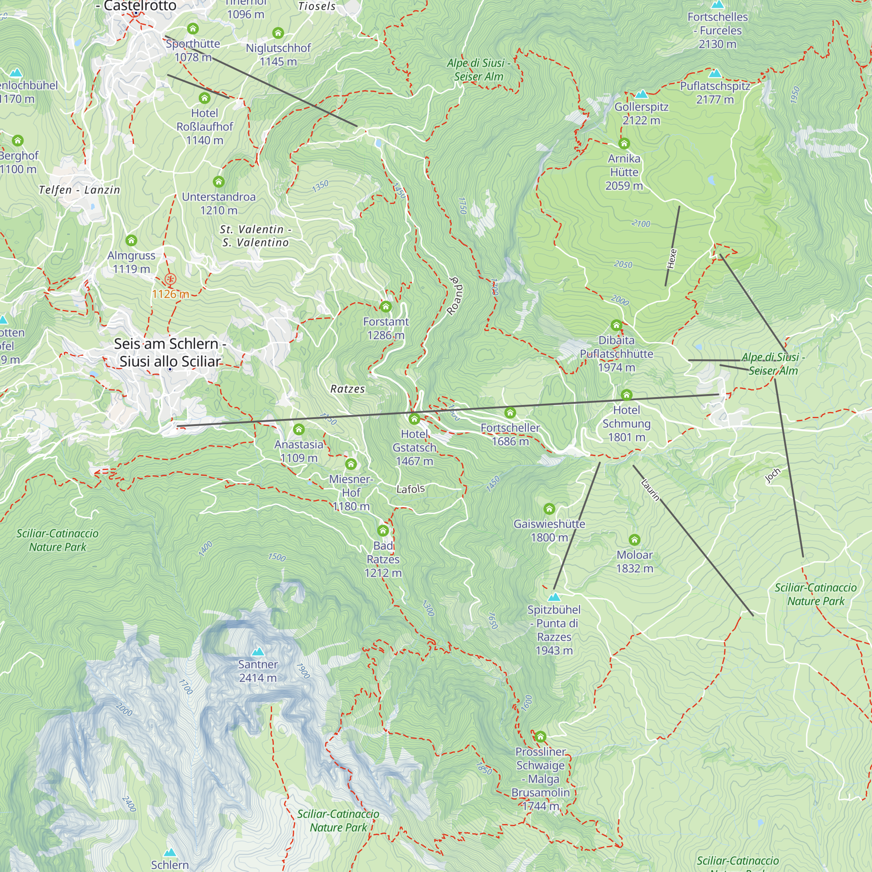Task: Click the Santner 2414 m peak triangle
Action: pyautogui.click(x=258, y=651)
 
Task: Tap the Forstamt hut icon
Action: pyautogui.click(x=385, y=307)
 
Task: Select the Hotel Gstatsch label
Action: pyautogui.click(x=414, y=447)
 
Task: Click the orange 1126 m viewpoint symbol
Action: pyautogui.click(x=170, y=279)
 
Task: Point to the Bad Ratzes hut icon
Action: pyautogui.click(x=383, y=530)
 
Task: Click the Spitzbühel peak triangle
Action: pyautogui.click(x=554, y=597)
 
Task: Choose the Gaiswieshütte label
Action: pyautogui.click(x=549, y=530)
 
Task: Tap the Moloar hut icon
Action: pyautogui.click(x=634, y=540)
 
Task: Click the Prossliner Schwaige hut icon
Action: pyautogui.click(x=540, y=737)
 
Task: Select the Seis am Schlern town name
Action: pyautogui.click(x=170, y=352)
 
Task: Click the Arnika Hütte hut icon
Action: pyautogui.click(x=624, y=143)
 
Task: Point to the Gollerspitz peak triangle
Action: pyautogui.click(x=641, y=94)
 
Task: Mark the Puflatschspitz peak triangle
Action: pyautogui.click(x=715, y=73)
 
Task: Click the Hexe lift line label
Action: pyautogui.click(x=671, y=259)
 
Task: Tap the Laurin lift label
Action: pyautogui.click(x=650, y=490)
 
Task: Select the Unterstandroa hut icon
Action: pyautogui.click(x=218, y=182)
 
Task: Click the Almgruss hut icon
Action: pyautogui.click(x=131, y=240)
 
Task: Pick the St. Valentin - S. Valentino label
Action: pyautogui.click(x=255, y=235)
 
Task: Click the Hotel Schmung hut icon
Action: pyautogui.click(x=626, y=395)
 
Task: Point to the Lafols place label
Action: pyautogui.click(x=410, y=489)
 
